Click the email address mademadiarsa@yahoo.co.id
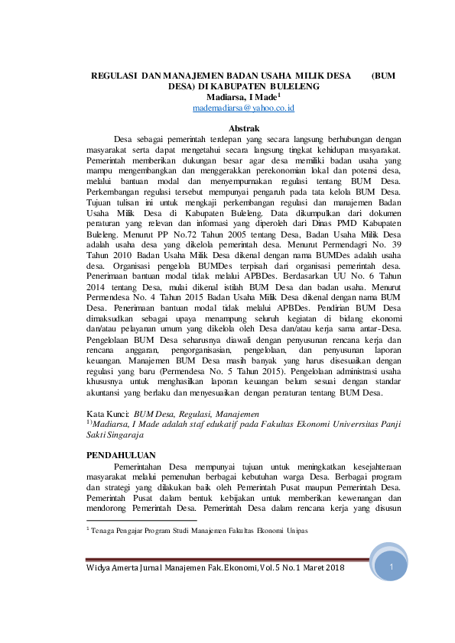[x=244, y=109]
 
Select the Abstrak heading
[x=245, y=128]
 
